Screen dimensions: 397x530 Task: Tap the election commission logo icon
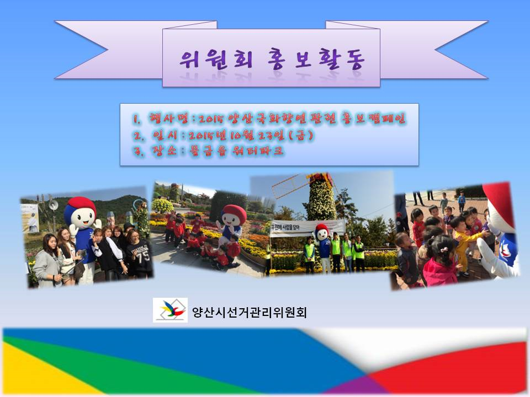pos(170,310)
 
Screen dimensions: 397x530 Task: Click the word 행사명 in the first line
pos(165,119)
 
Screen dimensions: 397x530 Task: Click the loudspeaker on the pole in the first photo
pos(54,205)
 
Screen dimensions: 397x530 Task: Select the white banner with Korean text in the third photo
pos(307,227)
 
